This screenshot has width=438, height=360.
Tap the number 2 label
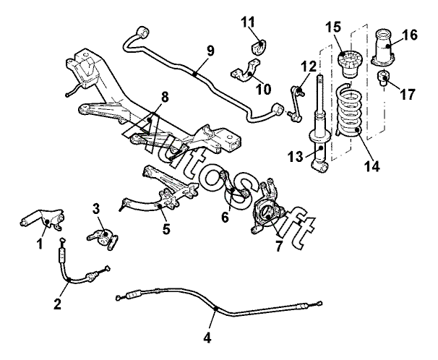tap(58, 304)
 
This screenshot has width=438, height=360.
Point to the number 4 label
tap(208, 337)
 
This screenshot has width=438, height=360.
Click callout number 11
tap(249, 22)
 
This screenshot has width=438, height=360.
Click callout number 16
tap(409, 34)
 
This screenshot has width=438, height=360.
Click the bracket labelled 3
tap(104, 236)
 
